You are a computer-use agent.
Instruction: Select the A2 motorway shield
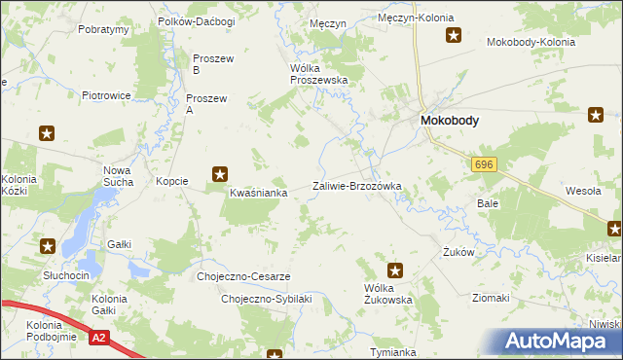98,338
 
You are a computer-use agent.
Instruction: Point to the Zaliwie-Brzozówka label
356,186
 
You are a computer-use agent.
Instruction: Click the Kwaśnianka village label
258,193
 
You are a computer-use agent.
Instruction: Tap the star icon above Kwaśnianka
221,175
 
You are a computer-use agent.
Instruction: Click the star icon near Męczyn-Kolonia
454,36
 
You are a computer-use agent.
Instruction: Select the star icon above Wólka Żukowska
395,270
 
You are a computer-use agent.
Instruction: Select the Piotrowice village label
107,95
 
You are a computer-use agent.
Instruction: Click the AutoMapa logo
561,342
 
